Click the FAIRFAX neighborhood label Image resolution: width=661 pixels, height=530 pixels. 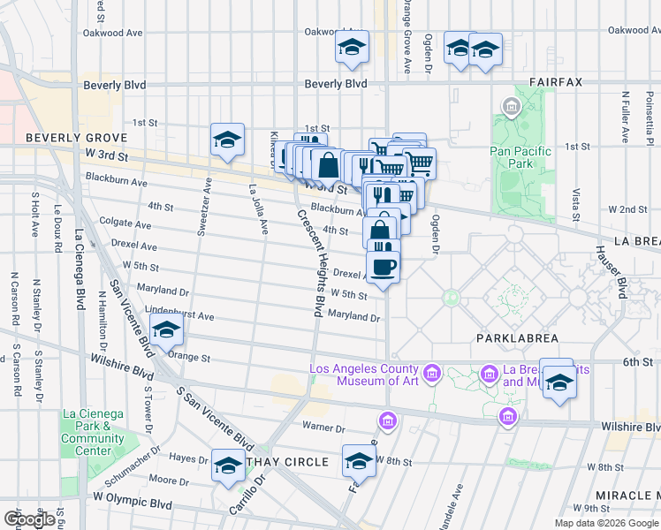556,82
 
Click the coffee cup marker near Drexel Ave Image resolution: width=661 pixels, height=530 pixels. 383,268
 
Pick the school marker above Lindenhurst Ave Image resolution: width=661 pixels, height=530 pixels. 166,330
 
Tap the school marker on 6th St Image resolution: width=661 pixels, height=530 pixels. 558,382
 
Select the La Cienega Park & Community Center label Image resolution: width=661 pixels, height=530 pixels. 93,433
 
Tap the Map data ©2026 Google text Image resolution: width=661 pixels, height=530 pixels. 606,523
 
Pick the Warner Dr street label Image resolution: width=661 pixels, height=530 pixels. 323,428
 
